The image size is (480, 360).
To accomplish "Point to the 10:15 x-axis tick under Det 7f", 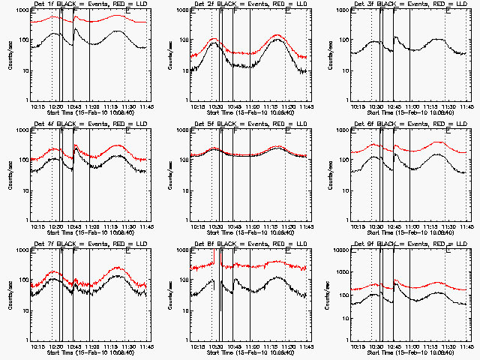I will pyautogui.click(x=37, y=346).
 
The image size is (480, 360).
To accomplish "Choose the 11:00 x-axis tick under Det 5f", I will pyautogui.click(x=251, y=226).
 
